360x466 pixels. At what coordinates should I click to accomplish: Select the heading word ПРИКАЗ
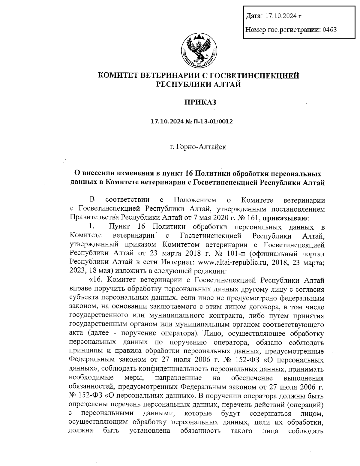point(200,103)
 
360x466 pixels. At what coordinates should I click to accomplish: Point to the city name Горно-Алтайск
point(201,147)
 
